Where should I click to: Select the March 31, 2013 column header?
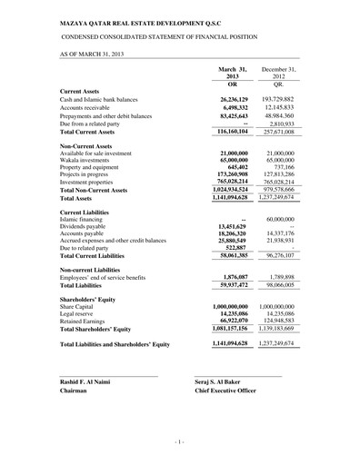[x=232, y=73]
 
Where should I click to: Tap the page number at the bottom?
[x=180, y=442]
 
